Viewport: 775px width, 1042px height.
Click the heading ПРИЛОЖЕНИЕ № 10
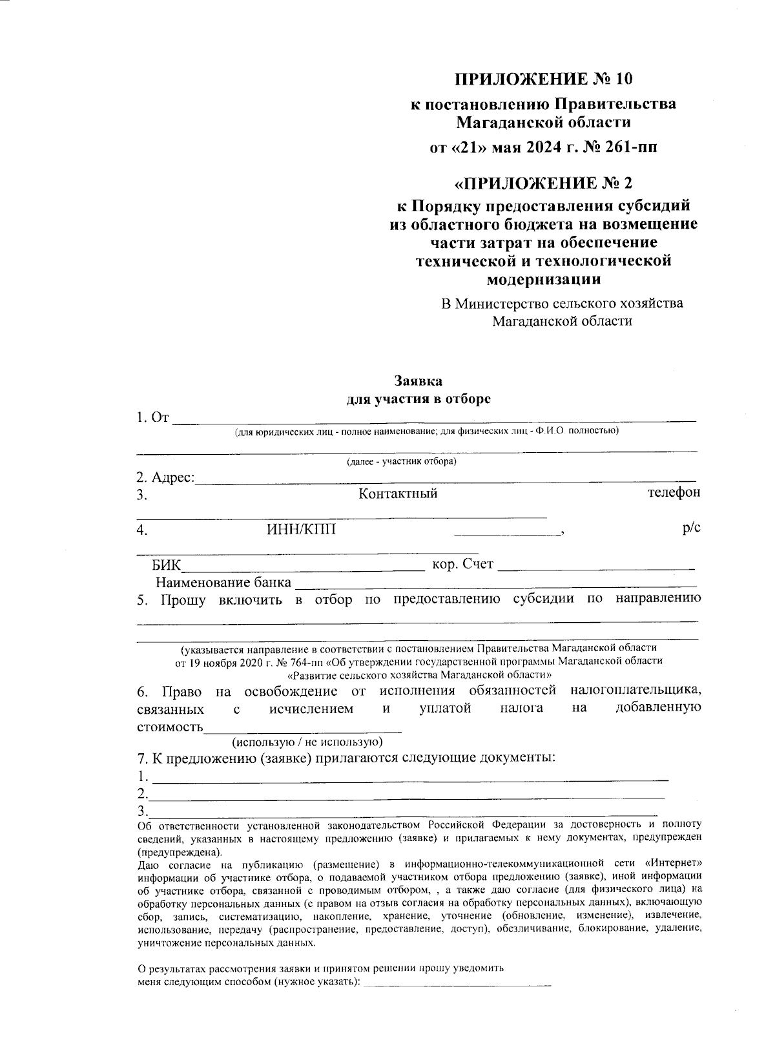(x=543, y=79)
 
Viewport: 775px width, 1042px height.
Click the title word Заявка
(x=418, y=381)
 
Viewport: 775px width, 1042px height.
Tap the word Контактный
(x=398, y=494)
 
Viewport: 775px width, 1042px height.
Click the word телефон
(x=674, y=493)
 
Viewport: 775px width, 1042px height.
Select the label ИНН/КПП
(x=302, y=530)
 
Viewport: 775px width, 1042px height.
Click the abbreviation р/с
(x=691, y=528)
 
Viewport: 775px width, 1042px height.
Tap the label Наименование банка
(x=223, y=582)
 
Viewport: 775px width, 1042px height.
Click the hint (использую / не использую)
(x=307, y=742)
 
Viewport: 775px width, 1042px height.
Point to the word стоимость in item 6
(x=170, y=727)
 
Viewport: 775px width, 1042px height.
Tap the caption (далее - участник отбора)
(x=402, y=461)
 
